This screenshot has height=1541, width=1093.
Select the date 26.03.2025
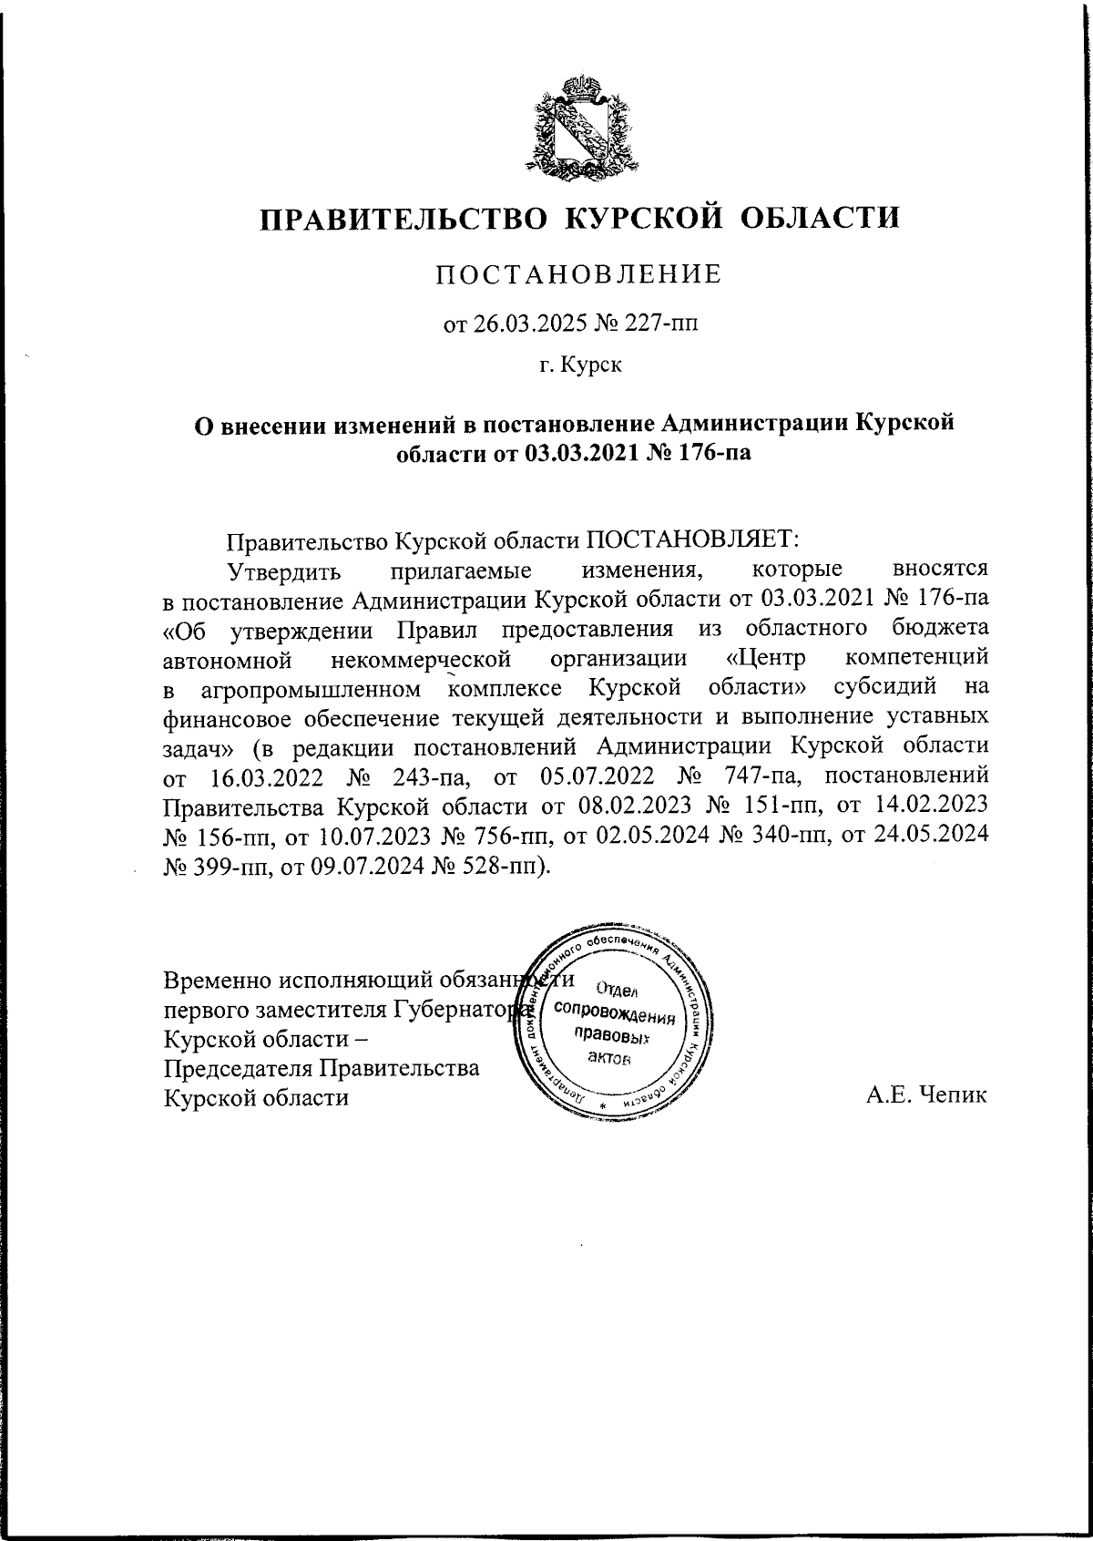(x=520, y=324)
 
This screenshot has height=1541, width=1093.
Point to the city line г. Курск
(x=580, y=366)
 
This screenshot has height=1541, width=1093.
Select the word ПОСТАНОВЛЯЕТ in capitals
(x=690, y=539)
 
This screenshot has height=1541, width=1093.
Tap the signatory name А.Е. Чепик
(x=926, y=1097)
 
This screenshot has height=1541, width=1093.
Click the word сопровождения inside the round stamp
(x=614, y=1014)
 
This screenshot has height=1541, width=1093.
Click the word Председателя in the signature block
(x=239, y=1068)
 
